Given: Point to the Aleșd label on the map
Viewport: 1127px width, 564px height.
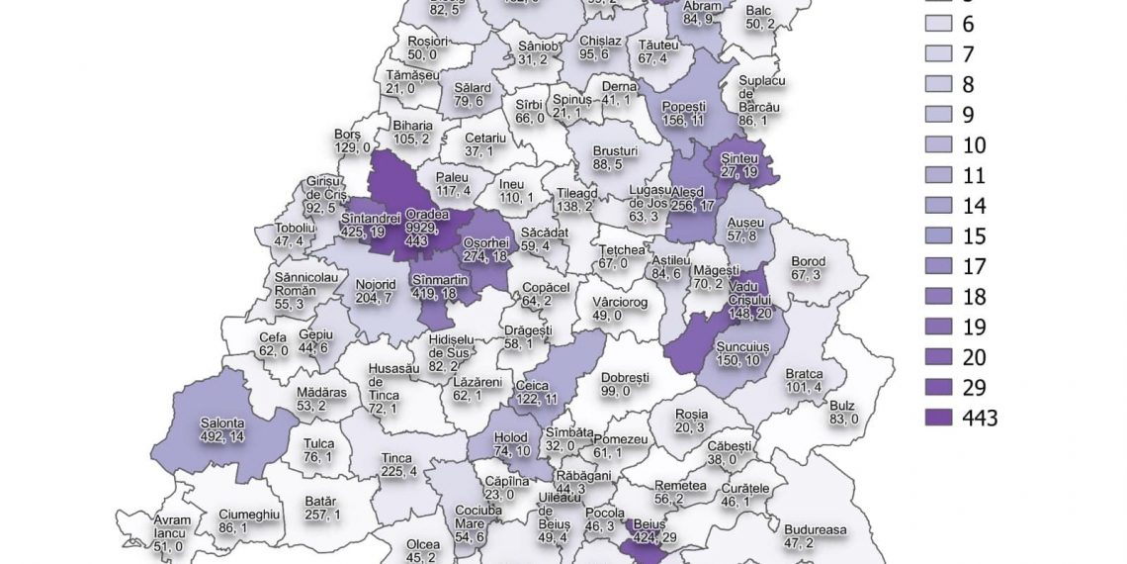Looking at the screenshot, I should pyautogui.click(x=693, y=199).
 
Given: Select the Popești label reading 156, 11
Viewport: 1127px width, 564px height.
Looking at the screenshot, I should pyautogui.click(x=685, y=113).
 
